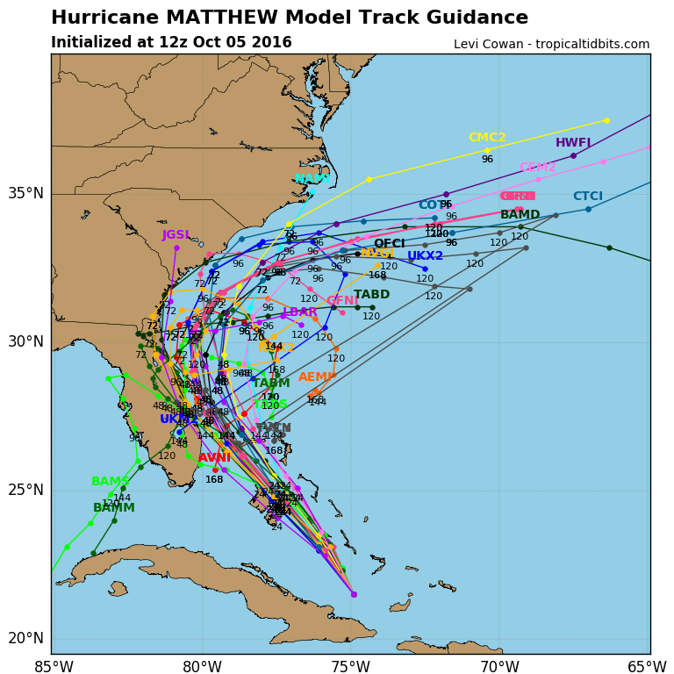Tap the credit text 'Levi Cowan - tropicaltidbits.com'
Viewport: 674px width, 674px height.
551,44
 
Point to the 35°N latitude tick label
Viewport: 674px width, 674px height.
26,193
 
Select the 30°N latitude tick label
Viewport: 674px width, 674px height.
26,341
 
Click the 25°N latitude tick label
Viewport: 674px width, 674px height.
26,490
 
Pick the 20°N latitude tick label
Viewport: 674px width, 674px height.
26,638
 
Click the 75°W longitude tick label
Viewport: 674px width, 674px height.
350,666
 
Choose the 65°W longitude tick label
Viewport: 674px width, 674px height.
647,666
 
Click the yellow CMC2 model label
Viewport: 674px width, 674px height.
487,138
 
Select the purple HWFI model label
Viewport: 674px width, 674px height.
573,143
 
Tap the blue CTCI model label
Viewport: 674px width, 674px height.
588,197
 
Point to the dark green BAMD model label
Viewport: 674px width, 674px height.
520,215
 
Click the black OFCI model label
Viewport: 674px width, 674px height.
390,244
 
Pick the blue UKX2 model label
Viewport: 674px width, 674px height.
425,256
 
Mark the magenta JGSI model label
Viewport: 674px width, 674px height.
176,235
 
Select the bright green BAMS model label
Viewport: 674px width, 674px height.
110,482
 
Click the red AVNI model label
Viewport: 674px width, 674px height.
214,458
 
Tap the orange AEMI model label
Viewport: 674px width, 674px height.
316,377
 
